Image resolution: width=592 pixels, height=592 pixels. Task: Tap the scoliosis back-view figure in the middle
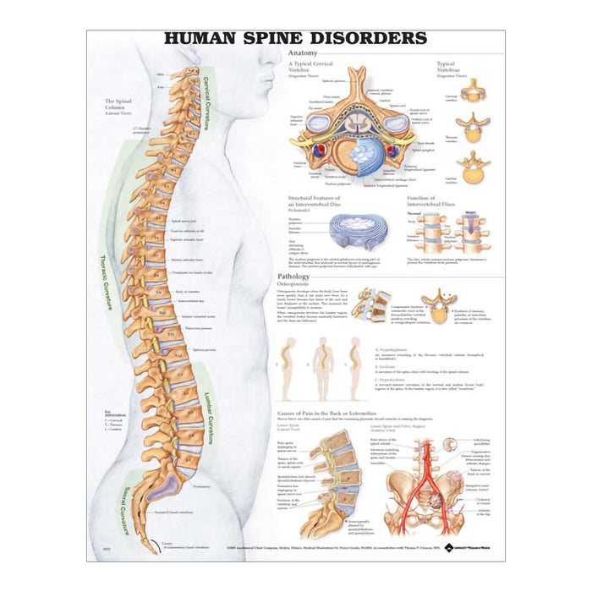(x=323, y=367)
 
